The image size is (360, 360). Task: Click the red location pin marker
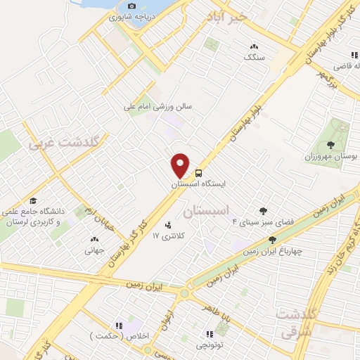coord(181,165)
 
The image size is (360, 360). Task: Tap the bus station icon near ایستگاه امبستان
coord(199,172)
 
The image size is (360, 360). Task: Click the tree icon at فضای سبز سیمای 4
coord(263,210)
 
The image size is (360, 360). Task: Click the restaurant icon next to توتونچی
coord(209,334)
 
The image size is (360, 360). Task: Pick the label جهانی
coord(94,250)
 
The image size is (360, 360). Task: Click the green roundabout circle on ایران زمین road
coord(184,293)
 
